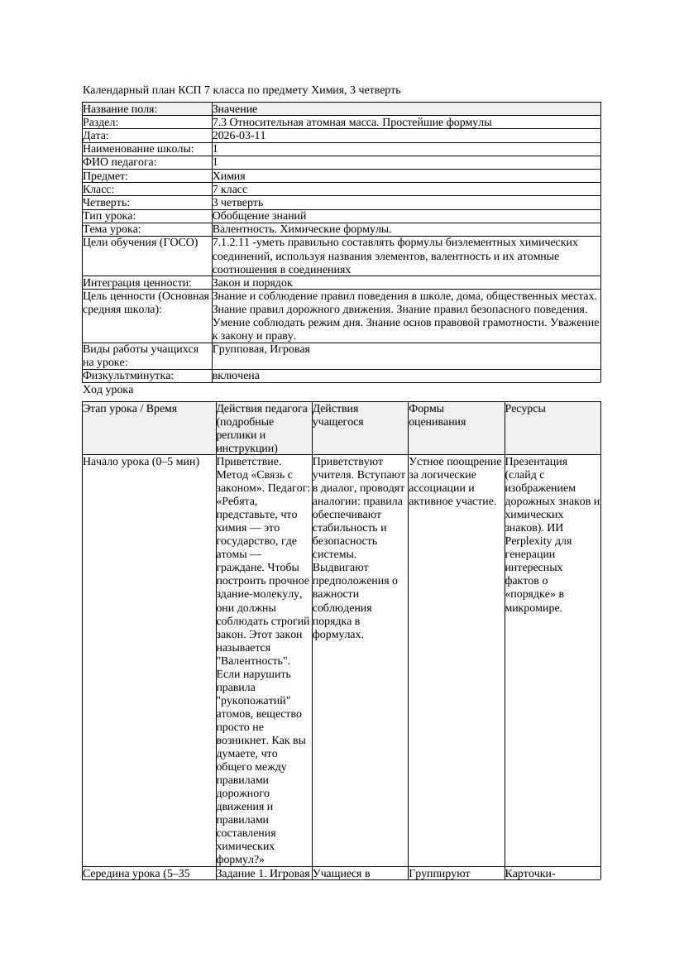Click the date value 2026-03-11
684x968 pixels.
coord(239,136)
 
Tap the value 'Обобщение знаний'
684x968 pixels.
coord(253,215)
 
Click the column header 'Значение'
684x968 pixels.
coord(235,109)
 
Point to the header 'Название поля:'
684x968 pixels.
coord(120,109)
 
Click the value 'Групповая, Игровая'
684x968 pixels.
coord(261,349)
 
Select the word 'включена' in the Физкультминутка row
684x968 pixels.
coord(236,376)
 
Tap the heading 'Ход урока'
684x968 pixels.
coord(108,390)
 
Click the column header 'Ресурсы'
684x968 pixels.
coord(525,409)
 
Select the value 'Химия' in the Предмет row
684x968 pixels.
coord(229,175)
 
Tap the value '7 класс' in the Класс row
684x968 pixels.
coord(230,189)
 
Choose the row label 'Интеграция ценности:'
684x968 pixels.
coord(137,283)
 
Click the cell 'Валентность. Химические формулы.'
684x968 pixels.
coord(302,229)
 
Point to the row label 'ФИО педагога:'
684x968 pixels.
coord(120,162)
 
